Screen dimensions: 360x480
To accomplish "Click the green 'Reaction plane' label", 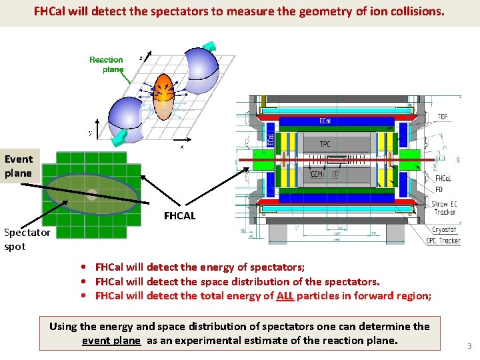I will point(106,64).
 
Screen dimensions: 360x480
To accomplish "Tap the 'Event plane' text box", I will point(18,166).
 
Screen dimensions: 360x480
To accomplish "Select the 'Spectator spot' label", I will point(27,239).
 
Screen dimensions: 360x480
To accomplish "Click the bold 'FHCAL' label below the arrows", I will point(180,216).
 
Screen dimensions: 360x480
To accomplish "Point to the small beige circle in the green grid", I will point(92,195).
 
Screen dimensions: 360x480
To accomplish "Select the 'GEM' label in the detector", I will point(317,175).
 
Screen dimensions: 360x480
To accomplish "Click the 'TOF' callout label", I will point(443,117).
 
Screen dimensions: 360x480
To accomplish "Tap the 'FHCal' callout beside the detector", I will point(443,179).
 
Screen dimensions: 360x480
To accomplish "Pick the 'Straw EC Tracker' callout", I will point(444,207).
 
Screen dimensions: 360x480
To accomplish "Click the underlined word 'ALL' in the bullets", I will point(285,296).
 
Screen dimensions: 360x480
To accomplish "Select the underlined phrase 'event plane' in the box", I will point(111,341).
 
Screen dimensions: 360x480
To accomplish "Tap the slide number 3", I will point(469,346).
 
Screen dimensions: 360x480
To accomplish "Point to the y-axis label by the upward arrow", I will point(91,133).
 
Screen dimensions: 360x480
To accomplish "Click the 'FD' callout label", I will point(439,189).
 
